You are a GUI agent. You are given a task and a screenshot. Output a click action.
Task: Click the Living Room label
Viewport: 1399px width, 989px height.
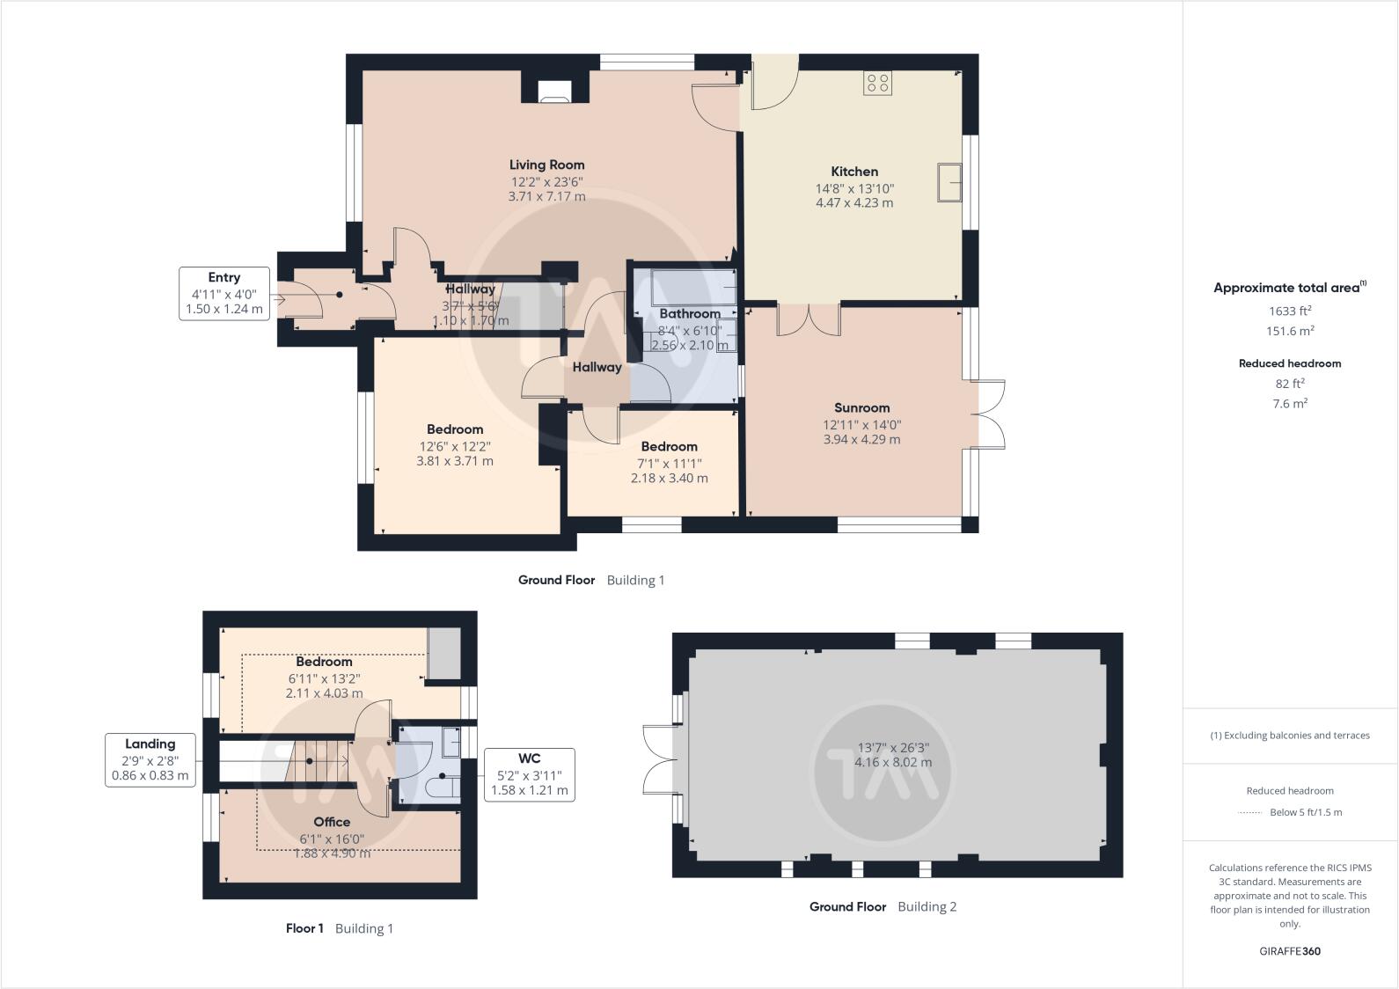(546, 165)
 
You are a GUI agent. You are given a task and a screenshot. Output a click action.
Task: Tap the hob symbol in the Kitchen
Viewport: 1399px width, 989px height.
(877, 84)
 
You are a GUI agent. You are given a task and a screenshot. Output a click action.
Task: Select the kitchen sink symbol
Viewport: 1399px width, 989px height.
(949, 182)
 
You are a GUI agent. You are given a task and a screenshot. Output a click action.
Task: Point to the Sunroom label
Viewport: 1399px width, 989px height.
(861, 407)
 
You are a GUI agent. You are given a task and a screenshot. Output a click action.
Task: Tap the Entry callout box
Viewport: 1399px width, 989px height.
(224, 293)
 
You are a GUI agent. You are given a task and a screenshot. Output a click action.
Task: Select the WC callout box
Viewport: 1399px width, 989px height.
(529, 774)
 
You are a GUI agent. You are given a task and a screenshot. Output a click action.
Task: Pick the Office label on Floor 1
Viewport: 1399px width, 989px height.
(332, 822)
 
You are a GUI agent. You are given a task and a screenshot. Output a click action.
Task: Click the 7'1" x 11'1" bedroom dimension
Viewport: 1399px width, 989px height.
(669, 463)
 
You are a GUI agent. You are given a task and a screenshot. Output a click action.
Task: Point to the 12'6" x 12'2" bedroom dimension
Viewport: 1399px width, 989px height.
(455, 446)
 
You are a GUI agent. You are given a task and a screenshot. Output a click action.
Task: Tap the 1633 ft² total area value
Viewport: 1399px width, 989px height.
(1289, 311)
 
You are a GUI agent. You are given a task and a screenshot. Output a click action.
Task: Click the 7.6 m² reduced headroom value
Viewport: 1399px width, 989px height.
(1289, 404)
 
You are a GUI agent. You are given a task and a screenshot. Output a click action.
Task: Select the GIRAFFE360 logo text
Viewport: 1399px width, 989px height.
(1289, 951)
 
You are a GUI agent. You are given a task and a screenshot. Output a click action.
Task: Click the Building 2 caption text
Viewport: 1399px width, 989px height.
(927, 906)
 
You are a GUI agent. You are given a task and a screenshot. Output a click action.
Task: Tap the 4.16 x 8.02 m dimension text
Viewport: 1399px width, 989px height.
(893, 763)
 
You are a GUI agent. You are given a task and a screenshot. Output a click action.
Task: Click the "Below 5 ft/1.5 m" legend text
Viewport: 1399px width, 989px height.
(1306, 812)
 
